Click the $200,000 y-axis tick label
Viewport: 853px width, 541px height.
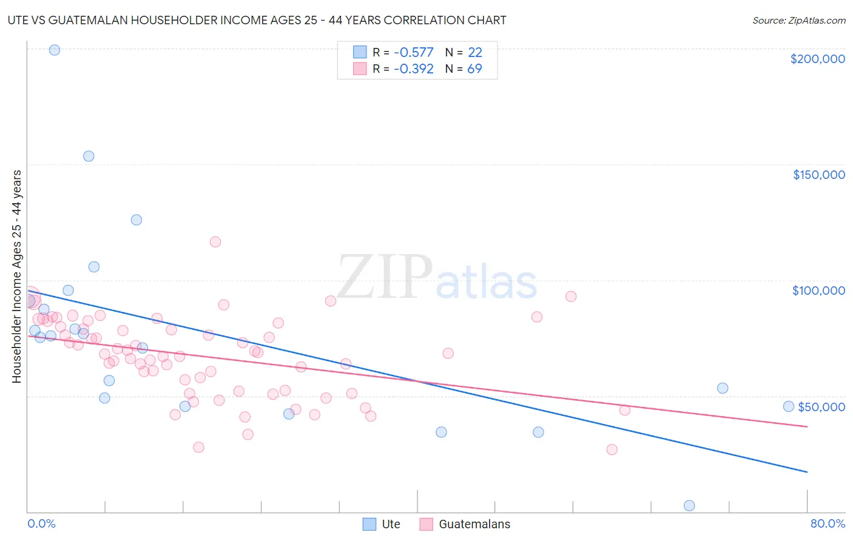tap(817, 59)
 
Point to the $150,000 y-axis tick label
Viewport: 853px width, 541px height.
tap(818, 175)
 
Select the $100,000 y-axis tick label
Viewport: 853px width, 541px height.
tap(818, 291)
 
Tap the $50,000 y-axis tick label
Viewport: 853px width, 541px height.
tap(821, 407)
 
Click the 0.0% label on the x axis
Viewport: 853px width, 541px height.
tap(41, 523)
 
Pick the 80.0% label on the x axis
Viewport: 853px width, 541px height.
tap(828, 523)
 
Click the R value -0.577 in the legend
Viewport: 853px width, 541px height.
tap(413, 52)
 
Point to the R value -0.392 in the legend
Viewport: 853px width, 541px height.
tap(413, 69)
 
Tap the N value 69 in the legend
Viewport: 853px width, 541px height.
tap(474, 69)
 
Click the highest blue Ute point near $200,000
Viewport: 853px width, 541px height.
tap(55, 50)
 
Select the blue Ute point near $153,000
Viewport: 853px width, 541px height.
tap(89, 156)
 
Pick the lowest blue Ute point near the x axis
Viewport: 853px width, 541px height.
tap(689, 505)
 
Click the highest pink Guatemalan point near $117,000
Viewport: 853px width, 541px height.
tap(215, 242)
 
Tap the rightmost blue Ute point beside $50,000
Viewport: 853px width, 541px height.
tap(789, 406)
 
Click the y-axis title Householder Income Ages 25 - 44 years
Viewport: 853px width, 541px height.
tap(17, 276)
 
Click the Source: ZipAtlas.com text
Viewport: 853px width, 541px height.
tap(798, 21)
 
